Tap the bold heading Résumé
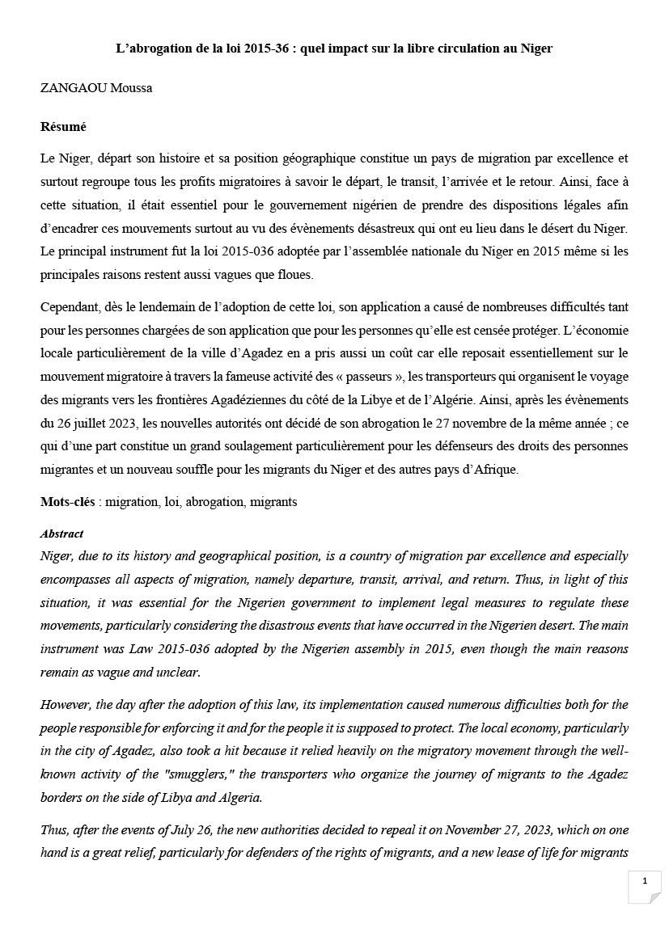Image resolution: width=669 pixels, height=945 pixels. tap(63, 127)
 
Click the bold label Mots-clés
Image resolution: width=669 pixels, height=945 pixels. tap(68, 502)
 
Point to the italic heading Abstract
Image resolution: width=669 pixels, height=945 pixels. tap(61, 534)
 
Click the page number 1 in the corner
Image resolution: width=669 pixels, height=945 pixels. tap(645, 881)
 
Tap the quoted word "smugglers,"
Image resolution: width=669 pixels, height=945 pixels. tap(193, 773)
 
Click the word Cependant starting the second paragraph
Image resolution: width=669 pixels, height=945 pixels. tap(74, 307)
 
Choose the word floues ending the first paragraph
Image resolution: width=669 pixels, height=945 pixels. tap(293, 274)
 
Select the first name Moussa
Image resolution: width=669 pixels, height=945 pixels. tap(133, 88)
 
